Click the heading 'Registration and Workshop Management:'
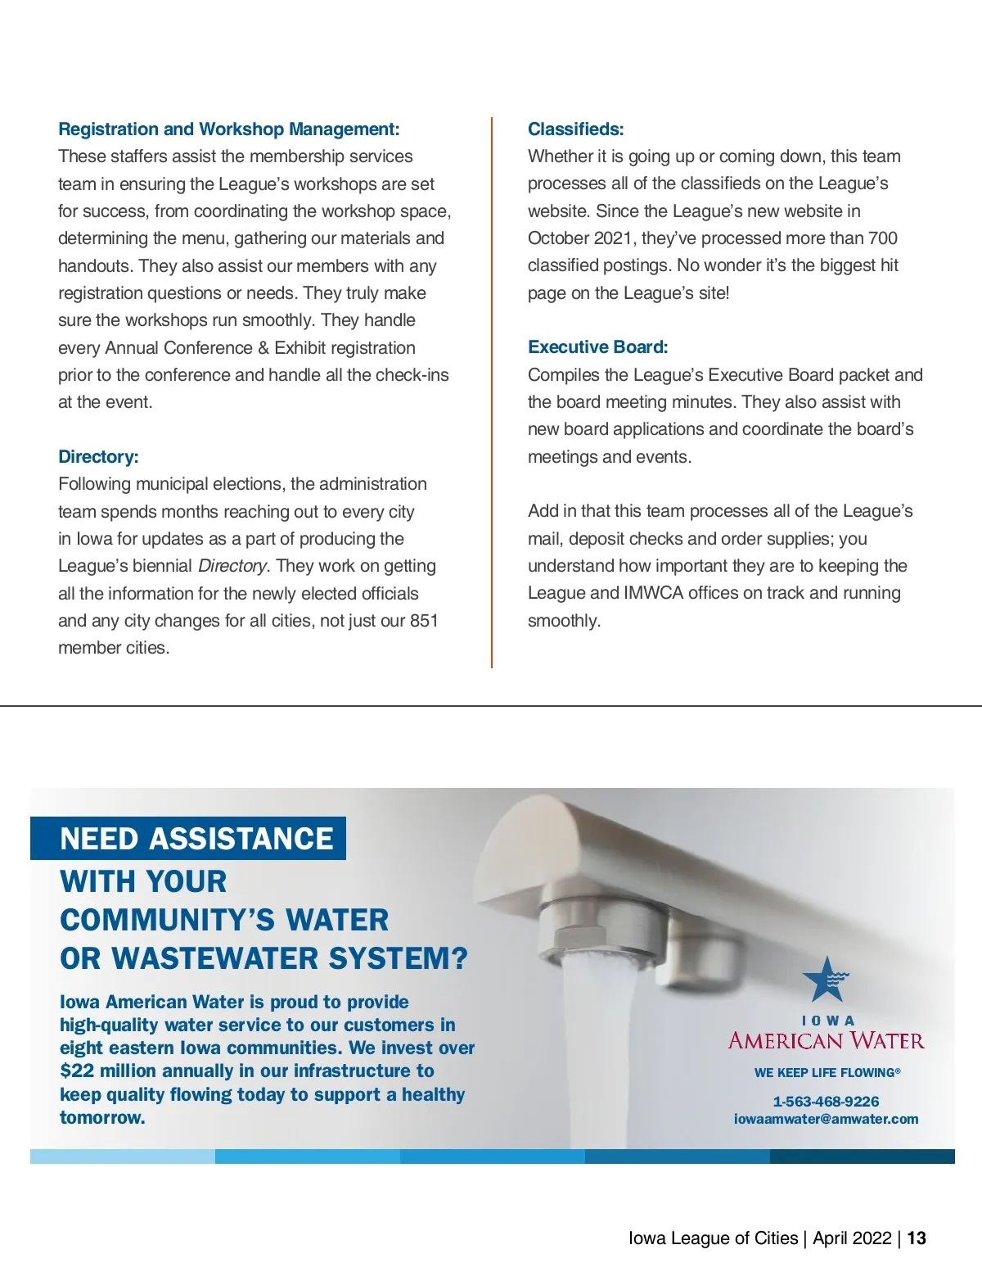pos(228,129)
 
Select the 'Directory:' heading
pos(98,457)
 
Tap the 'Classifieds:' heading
pos(575,129)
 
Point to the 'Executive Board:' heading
pos(597,347)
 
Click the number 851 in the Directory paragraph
pos(424,621)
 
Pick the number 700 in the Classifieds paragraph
pos(882,238)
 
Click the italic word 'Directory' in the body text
pos(232,566)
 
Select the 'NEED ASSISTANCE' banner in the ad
pos(196,839)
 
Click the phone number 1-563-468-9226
pos(826,1102)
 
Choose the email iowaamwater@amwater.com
pos(826,1119)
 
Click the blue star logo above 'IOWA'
pos(825,980)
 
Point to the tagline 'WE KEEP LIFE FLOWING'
pos(826,1072)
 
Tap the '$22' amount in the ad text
pos(77,1071)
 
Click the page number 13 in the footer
pos(917,1238)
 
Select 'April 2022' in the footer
pos(852,1238)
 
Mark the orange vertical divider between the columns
pos(492,393)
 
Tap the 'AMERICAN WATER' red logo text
pos(826,1041)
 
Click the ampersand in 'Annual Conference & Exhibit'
pos(263,348)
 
